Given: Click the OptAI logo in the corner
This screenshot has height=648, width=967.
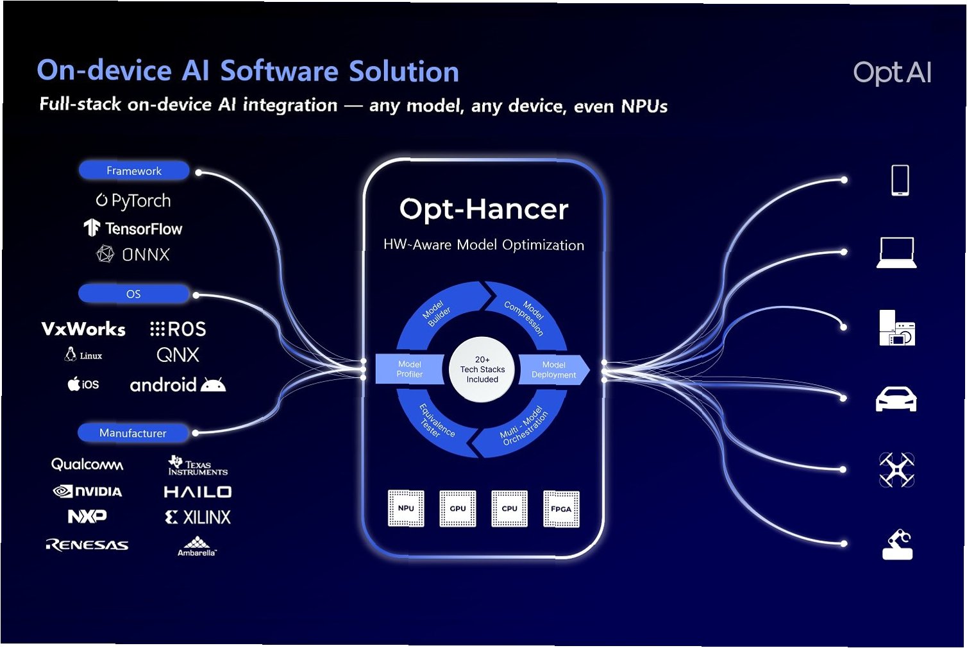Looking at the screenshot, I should [x=892, y=73].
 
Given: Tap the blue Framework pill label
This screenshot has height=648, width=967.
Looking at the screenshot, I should [x=134, y=171].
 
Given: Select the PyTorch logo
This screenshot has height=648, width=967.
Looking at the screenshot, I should [x=133, y=201].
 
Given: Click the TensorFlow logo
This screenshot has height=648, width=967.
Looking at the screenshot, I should [x=133, y=228].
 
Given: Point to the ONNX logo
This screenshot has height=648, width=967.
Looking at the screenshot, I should [x=133, y=255].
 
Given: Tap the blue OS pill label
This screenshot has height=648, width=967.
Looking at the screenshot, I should [x=133, y=294].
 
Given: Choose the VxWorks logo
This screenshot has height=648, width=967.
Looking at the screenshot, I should [x=83, y=329].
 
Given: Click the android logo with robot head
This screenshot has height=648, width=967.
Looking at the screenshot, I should [x=178, y=385].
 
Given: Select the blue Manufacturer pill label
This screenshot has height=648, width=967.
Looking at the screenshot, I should [x=133, y=433].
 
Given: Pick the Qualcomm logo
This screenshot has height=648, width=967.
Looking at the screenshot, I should [x=87, y=464].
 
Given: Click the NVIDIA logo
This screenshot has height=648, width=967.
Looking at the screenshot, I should [x=87, y=491].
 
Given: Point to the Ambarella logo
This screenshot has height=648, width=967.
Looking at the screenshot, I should [x=197, y=546].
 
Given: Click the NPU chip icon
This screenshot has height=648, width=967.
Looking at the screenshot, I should [x=406, y=508].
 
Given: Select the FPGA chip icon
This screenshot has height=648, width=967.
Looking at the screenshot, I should [x=561, y=509].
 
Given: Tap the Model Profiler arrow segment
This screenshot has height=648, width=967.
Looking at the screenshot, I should [x=409, y=369].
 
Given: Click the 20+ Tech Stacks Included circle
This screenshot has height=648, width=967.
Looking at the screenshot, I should [x=482, y=370].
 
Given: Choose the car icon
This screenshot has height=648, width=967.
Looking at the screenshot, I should [x=896, y=398].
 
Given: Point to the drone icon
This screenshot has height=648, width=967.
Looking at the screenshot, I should [x=896, y=470].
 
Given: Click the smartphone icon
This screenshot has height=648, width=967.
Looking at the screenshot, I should [x=900, y=180].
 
